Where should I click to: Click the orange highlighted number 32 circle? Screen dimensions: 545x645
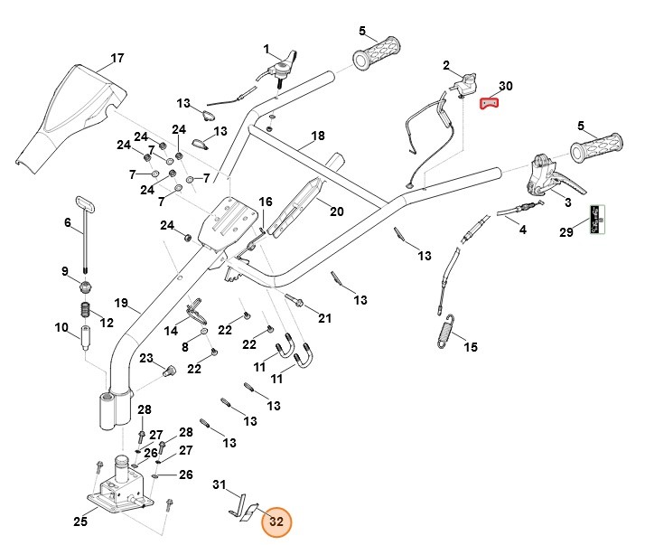pos(276,521)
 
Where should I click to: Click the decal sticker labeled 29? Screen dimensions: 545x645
pos(596,220)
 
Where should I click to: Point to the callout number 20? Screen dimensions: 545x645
pos(335,211)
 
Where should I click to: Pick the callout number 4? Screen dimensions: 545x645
pos(522,230)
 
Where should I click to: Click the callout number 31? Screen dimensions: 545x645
pos(220,485)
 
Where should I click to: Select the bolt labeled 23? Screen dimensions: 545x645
pos(168,371)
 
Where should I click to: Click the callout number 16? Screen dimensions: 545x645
pos(265,202)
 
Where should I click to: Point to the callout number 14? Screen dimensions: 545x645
pos(171,331)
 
